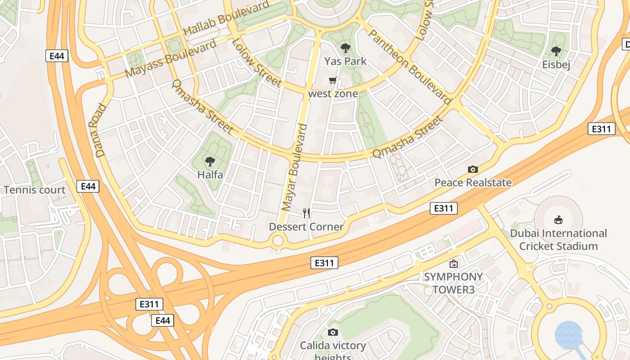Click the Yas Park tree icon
coord(346,48)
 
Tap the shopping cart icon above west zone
coord(333,81)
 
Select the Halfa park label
coord(210,175)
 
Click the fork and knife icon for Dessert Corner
coord(306,213)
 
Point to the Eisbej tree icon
coord(556,51)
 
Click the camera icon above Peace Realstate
coord(472,169)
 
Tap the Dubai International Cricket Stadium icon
coord(558,220)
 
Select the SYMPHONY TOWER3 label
coord(453,283)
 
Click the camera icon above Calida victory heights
coord(333,332)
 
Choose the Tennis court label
coord(35,190)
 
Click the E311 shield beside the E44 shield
coord(149,304)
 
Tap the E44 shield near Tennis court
coord(88,186)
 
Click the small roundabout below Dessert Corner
coord(278,241)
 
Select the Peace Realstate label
coord(472,183)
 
